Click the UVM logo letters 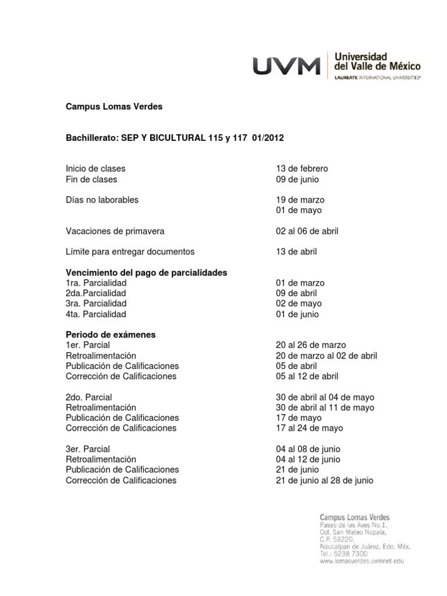point(286,65)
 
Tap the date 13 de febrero point(302,168)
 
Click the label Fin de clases point(91,179)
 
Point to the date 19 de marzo point(300,200)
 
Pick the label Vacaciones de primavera point(115,231)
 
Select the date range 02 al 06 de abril point(307,231)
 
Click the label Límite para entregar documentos point(130,252)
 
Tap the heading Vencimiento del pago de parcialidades point(146,272)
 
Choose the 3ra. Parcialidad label point(95,303)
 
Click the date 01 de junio point(297,314)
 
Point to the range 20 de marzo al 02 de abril point(327,356)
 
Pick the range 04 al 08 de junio point(308,449)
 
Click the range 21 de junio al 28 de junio point(324,481)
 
